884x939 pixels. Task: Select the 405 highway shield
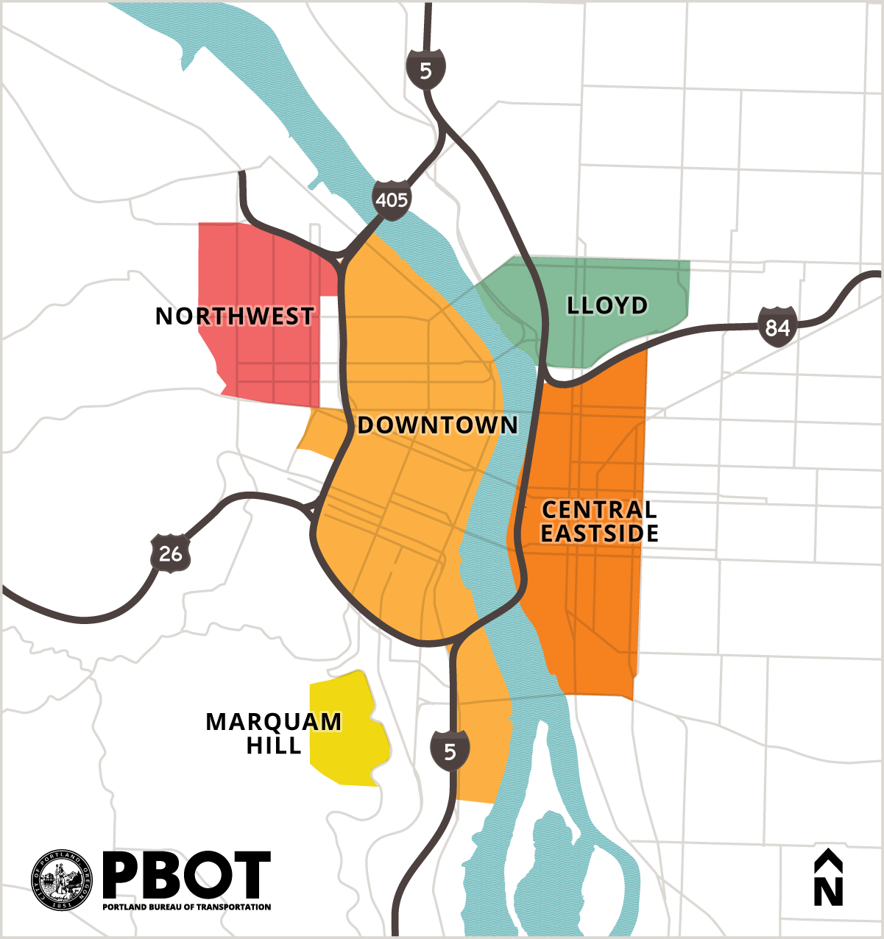tap(391, 199)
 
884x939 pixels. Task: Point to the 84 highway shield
tap(777, 326)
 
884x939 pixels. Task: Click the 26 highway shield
tap(171, 552)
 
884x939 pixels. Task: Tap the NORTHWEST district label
tap(235, 316)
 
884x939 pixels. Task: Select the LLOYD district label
tap(607, 305)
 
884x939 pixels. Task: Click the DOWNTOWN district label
tap(437, 425)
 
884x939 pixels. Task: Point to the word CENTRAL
tap(599, 510)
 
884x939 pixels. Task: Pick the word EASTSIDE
tap(599, 534)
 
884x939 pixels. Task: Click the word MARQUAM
tap(273, 722)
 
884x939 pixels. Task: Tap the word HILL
tap(274, 745)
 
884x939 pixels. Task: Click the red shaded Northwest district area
tap(258, 265)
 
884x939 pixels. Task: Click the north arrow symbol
tap(828, 877)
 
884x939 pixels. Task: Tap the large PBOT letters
tap(186, 876)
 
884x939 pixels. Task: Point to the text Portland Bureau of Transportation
tap(186, 907)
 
